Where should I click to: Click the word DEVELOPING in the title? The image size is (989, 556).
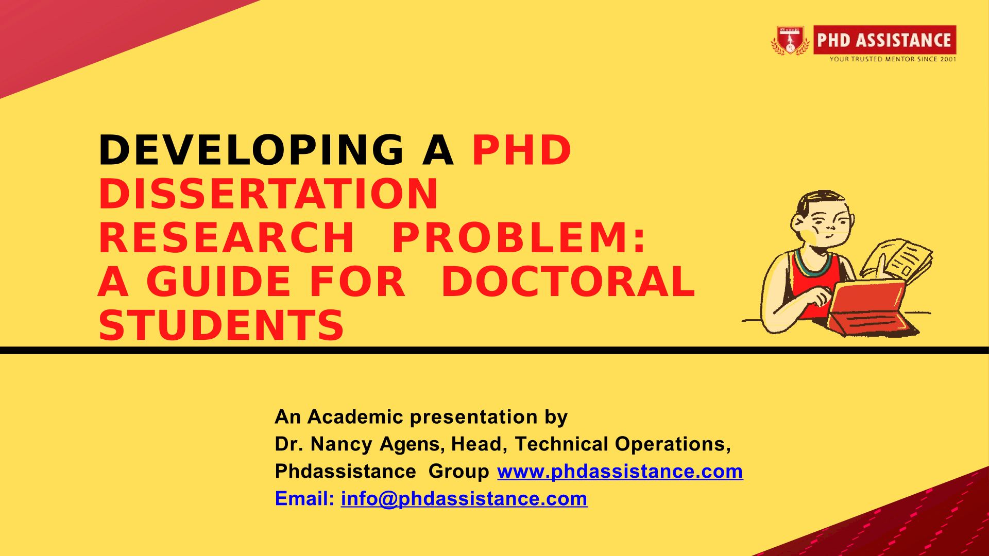tap(251, 150)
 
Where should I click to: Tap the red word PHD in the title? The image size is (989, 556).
tap(521, 150)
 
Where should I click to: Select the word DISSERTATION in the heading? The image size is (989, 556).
tap(268, 194)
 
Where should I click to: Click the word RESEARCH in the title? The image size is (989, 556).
tap(226, 238)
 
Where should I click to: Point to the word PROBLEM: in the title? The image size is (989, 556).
tap(519, 238)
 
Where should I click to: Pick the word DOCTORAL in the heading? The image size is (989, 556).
tap(568, 282)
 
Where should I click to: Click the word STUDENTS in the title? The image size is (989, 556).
tap(221, 325)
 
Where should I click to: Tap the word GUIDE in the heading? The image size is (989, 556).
tap(219, 282)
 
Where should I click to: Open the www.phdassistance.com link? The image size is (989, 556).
tap(620, 472)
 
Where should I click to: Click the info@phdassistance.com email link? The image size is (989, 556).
tap(464, 499)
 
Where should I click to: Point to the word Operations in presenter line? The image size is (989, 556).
tap(672, 444)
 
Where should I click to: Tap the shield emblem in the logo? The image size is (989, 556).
tap(790, 40)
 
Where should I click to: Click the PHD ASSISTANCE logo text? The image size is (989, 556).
tap(884, 40)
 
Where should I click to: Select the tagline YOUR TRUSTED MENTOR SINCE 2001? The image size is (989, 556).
tap(893, 59)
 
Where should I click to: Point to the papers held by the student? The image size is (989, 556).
tap(899, 260)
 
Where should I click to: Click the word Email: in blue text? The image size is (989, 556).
tap(304, 499)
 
